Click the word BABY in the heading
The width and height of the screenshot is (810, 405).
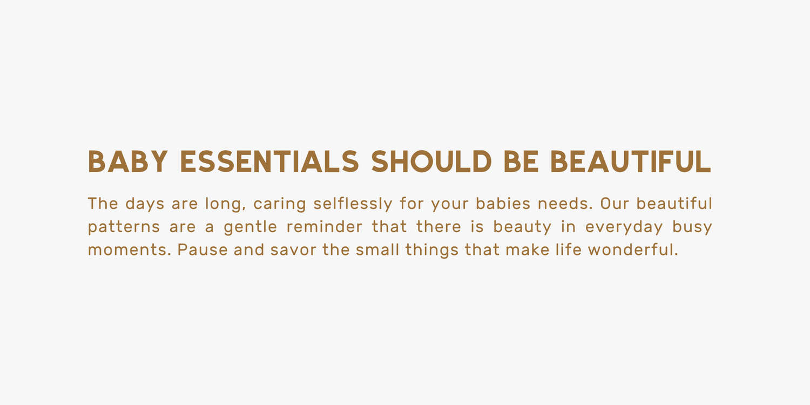point(127,161)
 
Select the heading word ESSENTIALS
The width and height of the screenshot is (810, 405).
point(269,161)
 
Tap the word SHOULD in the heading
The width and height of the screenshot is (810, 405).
point(431,161)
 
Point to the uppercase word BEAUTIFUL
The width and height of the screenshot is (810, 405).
point(631,161)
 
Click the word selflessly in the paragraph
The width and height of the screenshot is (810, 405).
point(353,204)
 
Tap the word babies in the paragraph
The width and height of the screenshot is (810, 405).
point(503,203)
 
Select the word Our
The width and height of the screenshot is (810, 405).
point(615,204)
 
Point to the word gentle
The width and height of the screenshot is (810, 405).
point(250,227)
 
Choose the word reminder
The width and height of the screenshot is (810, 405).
point(324,226)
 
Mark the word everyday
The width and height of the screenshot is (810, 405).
point(624,227)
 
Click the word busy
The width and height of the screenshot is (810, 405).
point(692,227)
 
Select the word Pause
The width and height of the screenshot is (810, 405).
point(202,249)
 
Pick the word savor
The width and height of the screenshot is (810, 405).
point(293,250)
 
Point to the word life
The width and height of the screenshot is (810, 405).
point(569,249)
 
